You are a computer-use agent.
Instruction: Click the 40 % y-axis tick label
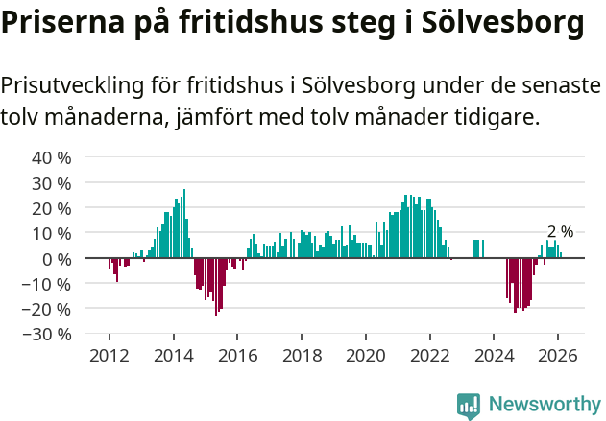(52, 157)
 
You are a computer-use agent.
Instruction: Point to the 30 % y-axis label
(52, 183)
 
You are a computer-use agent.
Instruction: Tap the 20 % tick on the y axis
(52, 208)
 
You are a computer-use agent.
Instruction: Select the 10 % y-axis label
(52, 233)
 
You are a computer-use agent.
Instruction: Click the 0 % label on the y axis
(57, 259)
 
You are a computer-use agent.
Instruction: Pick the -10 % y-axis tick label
(49, 284)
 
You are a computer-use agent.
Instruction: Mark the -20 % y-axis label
(49, 309)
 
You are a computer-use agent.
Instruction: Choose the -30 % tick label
(49, 335)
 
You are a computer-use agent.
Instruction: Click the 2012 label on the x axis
(109, 355)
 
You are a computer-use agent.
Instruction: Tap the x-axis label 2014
(174, 355)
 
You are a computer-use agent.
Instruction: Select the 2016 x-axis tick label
(238, 355)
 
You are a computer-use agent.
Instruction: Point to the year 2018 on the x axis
(302, 355)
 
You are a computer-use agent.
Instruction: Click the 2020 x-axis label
(366, 355)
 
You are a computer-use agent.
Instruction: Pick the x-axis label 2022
(430, 355)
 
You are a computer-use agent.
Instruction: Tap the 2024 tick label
(494, 355)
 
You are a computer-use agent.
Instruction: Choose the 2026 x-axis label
(558, 355)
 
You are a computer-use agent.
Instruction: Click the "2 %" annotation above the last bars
(560, 232)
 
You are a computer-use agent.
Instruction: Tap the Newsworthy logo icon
(469, 406)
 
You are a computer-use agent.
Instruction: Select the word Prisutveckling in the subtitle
(72, 86)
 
